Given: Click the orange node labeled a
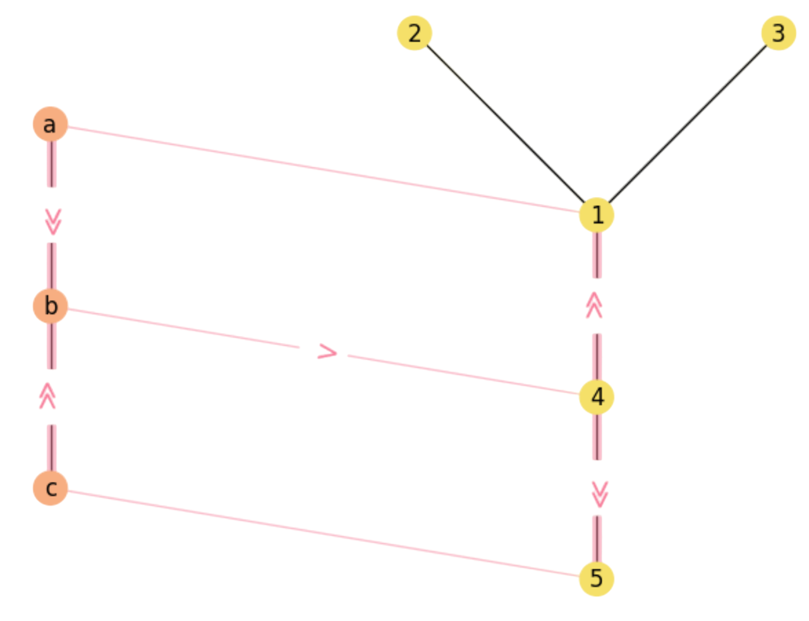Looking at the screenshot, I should click(x=50, y=124).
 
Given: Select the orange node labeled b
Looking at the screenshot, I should click(x=50, y=306).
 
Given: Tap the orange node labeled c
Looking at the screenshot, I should click(x=50, y=488).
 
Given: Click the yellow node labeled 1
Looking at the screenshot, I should click(x=596, y=215).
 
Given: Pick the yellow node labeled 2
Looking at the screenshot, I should click(x=414, y=33).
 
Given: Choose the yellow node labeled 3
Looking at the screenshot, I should click(x=778, y=33).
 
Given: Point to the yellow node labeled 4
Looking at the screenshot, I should click(x=596, y=397).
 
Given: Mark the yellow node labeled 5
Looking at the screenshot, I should click(x=596, y=578).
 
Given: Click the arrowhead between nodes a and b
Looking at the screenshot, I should click(x=52, y=221).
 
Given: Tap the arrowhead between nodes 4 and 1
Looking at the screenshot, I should click(x=594, y=305).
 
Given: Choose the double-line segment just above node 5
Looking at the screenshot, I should click(x=597, y=537).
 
